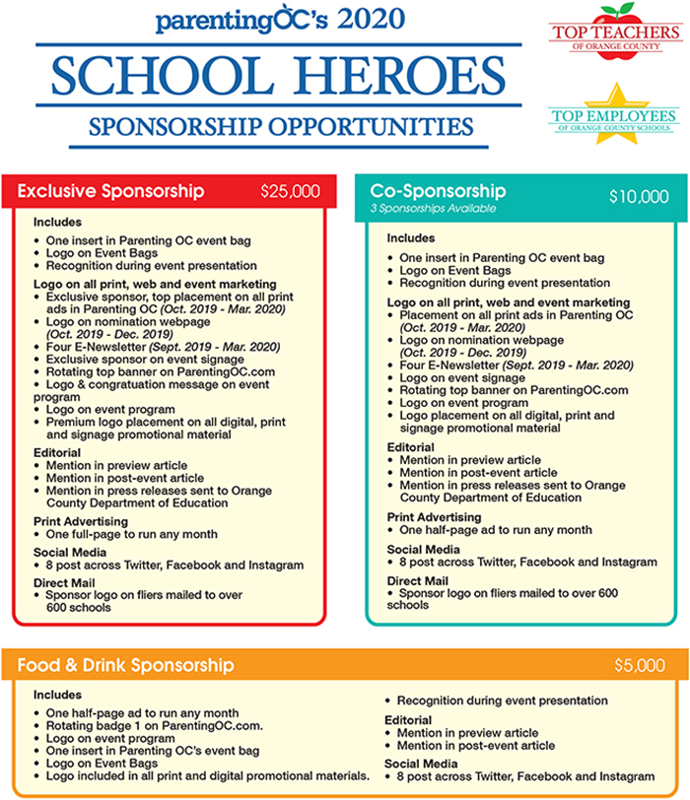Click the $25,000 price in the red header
coord(290,191)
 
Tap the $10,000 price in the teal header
coord(639,197)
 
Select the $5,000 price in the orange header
coord(639,665)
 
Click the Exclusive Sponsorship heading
coord(110,190)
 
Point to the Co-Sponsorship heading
coord(438,190)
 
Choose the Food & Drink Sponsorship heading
coord(125,665)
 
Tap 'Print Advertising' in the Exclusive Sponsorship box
coord(81,521)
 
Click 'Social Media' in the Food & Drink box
coord(421,764)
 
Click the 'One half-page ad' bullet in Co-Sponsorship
coord(495,530)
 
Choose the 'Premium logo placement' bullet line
coord(166,421)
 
